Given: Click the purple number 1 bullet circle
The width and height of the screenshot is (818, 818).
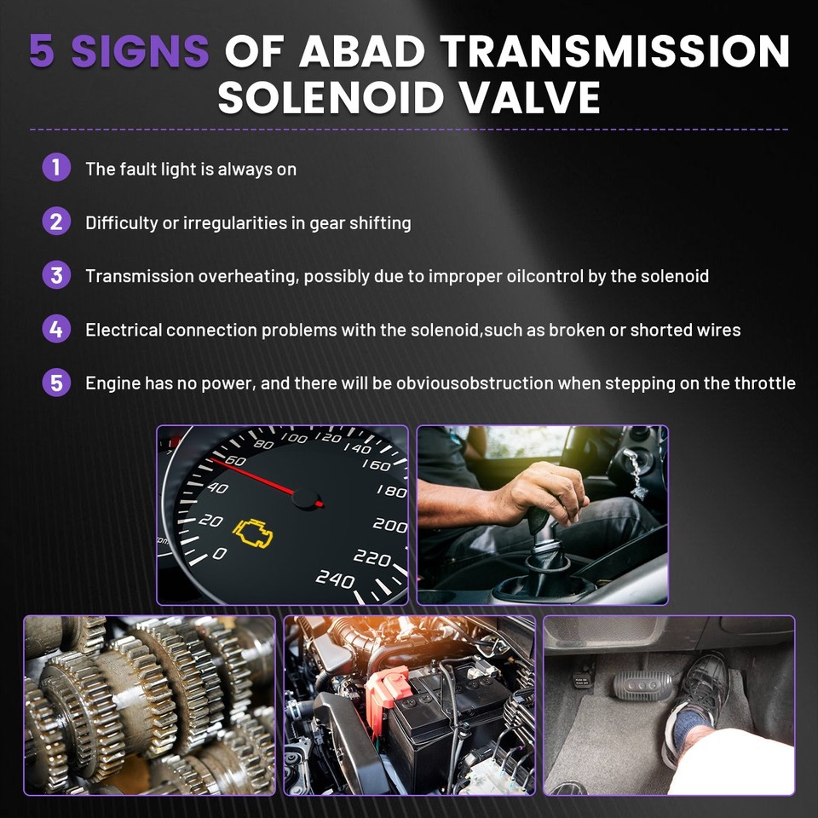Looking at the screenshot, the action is [56, 168].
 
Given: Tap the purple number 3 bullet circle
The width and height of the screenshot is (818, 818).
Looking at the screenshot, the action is [56, 275].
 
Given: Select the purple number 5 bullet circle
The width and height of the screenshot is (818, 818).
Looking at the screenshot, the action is [56, 383].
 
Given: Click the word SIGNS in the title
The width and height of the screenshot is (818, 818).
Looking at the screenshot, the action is [140, 51].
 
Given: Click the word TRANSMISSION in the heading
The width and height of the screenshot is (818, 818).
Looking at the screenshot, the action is [615, 51].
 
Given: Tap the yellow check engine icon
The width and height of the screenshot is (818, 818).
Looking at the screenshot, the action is [253, 533].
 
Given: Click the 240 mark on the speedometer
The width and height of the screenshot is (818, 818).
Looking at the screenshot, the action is [335, 578].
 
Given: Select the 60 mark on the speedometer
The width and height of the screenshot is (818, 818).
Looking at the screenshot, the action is [235, 460].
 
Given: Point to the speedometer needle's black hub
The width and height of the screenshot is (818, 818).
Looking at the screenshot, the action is [306, 498].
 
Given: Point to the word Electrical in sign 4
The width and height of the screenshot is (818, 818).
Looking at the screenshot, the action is [124, 330].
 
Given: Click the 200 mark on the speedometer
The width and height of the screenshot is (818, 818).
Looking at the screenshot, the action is [389, 525].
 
